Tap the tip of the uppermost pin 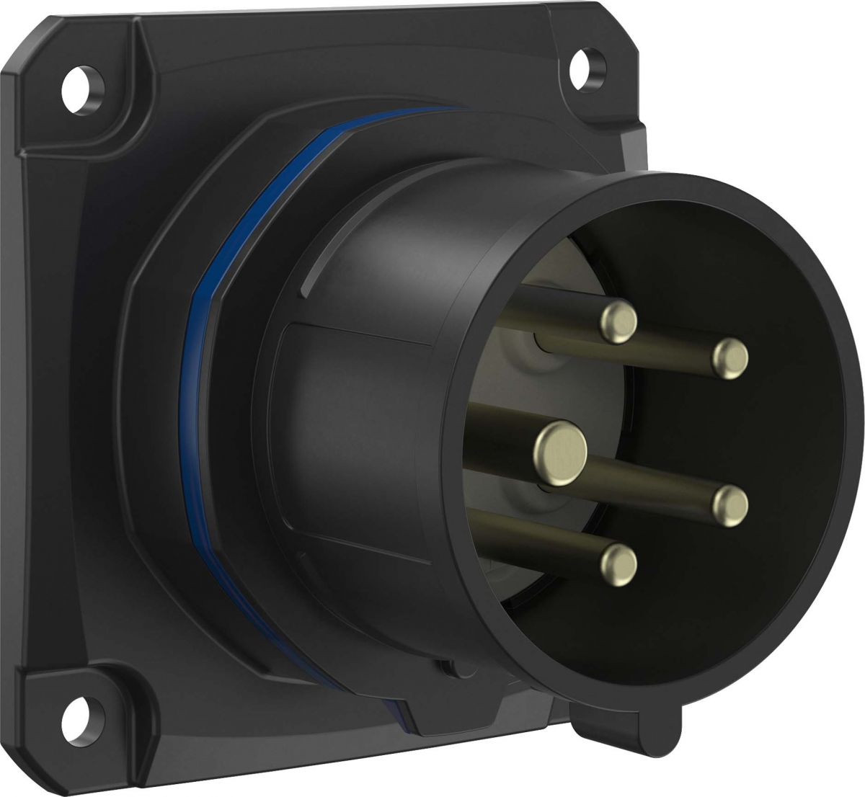pos(619,321)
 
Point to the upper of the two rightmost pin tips pos(731,358)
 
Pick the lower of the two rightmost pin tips pos(731,504)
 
